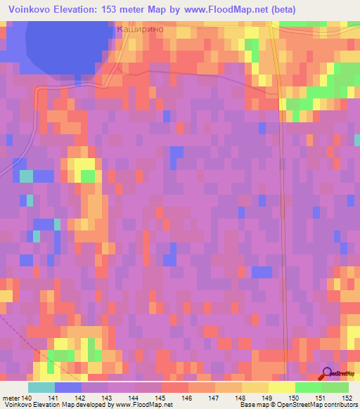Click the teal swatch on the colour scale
41,387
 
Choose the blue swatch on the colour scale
68,387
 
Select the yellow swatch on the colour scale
282,387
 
